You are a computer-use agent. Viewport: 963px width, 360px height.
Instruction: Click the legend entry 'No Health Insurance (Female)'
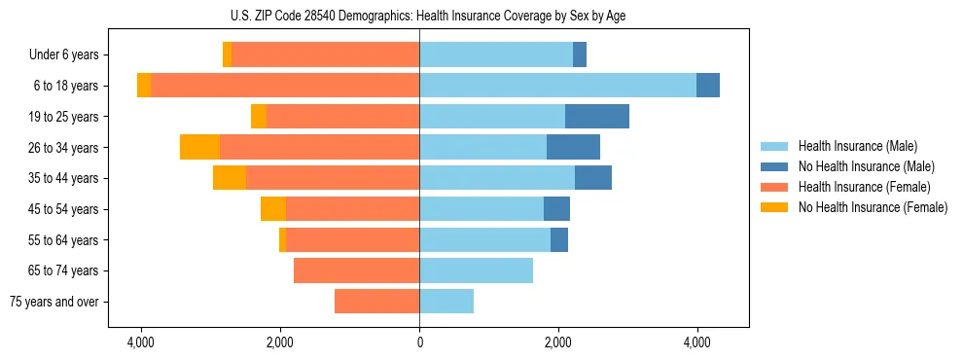point(872,207)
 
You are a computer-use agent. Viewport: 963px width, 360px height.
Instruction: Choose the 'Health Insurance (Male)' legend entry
point(857,146)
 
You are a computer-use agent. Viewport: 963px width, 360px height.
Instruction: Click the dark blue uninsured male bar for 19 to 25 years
point(596,117)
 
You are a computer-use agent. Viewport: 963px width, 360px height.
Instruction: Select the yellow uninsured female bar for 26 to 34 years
point(199,148)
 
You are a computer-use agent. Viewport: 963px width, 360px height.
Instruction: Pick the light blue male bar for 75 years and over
point(446,302)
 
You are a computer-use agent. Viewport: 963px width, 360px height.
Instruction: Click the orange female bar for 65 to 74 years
point(356,270)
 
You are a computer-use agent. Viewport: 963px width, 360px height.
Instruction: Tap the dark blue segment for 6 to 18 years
point(708,86)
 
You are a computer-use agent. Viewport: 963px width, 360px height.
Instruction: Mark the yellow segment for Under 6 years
point(227,55)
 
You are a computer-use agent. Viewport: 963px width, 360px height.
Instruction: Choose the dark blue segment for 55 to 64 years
point(559,240)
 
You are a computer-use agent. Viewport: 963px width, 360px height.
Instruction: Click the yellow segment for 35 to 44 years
point(230,178)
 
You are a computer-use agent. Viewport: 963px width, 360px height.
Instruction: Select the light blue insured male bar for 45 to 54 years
point(481,209)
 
